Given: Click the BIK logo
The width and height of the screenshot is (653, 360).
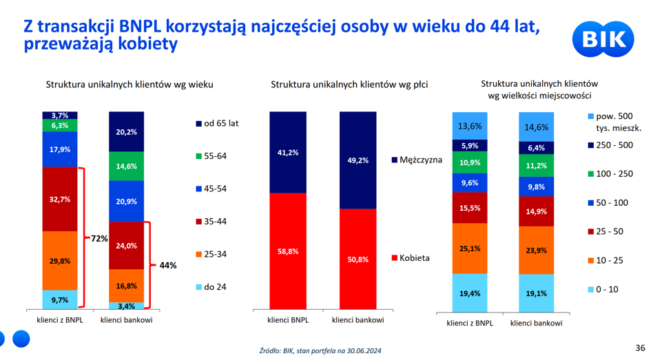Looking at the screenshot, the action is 603,39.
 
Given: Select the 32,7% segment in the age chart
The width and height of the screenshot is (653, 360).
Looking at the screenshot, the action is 59,199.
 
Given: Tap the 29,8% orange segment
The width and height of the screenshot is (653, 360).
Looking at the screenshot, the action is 59,260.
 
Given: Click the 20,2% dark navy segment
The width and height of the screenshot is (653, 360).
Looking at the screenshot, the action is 126,131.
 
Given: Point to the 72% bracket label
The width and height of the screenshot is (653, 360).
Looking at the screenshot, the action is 99,238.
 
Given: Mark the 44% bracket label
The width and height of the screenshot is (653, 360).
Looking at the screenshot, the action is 168,265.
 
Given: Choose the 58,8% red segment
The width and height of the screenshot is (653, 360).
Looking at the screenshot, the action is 288,251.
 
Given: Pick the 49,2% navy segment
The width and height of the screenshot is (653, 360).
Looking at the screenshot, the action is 357,160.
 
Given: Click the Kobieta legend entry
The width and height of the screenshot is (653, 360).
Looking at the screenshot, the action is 411,258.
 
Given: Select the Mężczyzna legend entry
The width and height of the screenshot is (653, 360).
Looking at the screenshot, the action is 417,160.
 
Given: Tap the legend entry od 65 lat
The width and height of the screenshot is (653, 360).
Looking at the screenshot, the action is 217,124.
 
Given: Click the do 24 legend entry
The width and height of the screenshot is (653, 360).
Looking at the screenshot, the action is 211,287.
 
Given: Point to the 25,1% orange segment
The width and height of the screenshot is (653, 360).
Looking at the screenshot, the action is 470,248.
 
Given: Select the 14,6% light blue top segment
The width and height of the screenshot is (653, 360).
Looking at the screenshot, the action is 537,127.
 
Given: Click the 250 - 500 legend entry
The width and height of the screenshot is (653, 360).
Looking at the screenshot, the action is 610,145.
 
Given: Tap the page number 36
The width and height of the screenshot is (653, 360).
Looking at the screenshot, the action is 640,348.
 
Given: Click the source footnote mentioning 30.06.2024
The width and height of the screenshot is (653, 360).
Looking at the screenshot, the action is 320,351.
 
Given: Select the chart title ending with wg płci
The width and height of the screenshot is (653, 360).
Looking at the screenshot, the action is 349,85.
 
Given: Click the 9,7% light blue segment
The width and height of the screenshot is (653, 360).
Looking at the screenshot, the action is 59,299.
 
